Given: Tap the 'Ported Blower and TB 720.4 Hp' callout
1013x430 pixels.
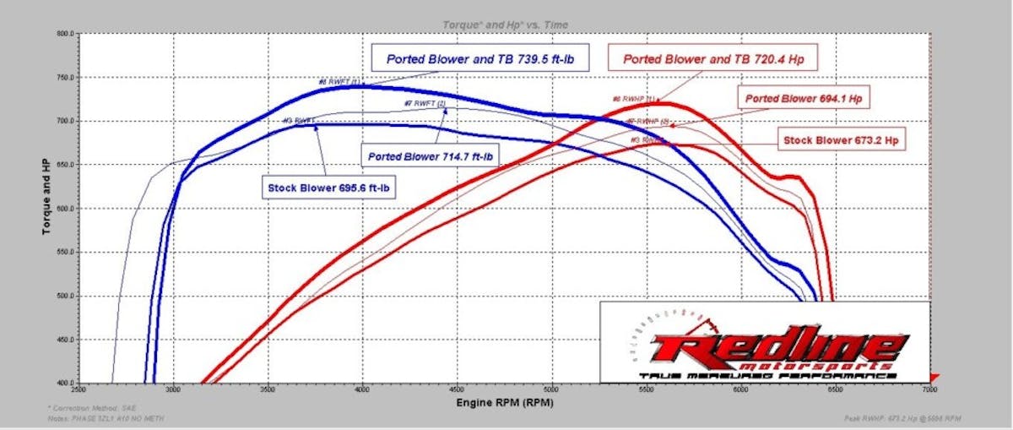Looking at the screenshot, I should point(713,59).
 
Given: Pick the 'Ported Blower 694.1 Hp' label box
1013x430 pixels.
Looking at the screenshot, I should point(803,98).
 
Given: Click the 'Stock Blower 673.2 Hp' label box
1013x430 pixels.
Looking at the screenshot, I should point(841,139).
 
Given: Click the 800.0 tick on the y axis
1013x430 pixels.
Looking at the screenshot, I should point(66,34).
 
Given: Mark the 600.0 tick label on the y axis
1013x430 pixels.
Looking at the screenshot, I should point(66,209).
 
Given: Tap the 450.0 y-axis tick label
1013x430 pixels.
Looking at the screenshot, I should point(66,340).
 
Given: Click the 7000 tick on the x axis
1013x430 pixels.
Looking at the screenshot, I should point(929,391).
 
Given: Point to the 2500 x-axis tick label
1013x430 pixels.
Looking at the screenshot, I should point(79,391).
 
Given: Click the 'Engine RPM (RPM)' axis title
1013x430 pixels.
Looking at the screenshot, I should point(503,404).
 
